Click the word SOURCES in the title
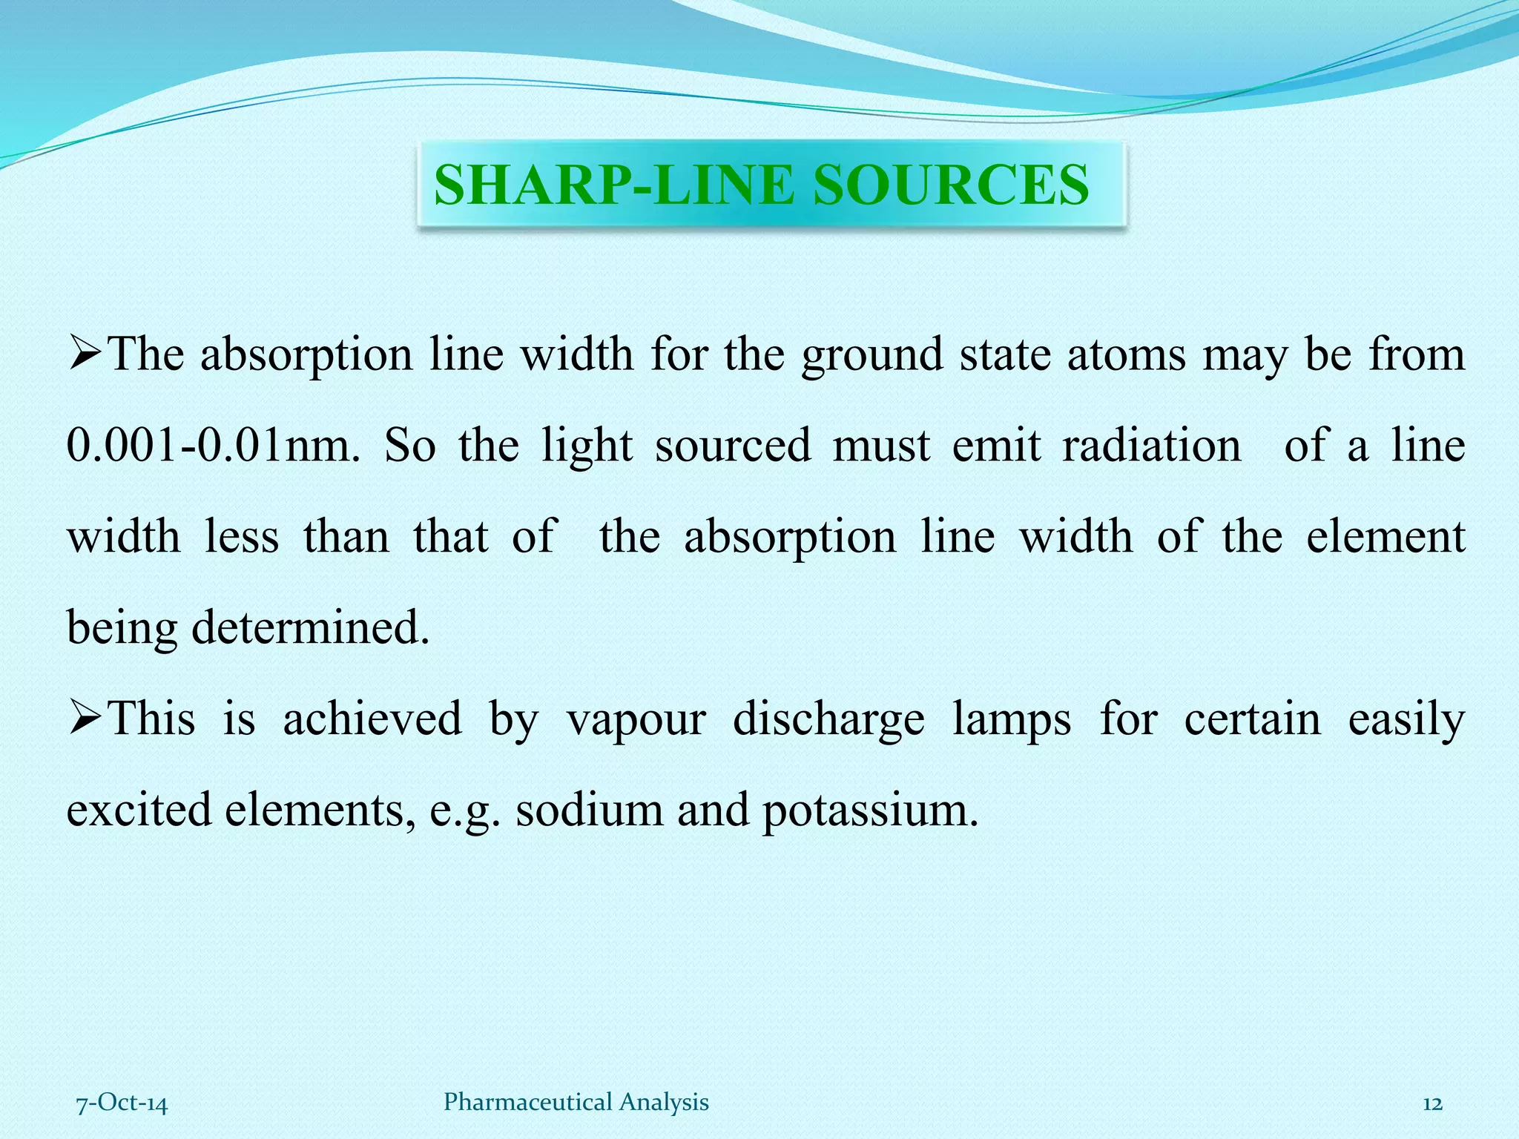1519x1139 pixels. [951, 185]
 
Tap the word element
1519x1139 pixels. [1385, 537]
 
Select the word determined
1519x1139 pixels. [310, 627]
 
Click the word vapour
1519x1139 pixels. [636, 719]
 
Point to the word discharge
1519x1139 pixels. [828, 719]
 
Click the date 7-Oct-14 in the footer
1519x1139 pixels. [122, 1103]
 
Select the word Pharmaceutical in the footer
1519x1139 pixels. [527, 1103]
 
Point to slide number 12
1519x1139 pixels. [1432, 1103]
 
